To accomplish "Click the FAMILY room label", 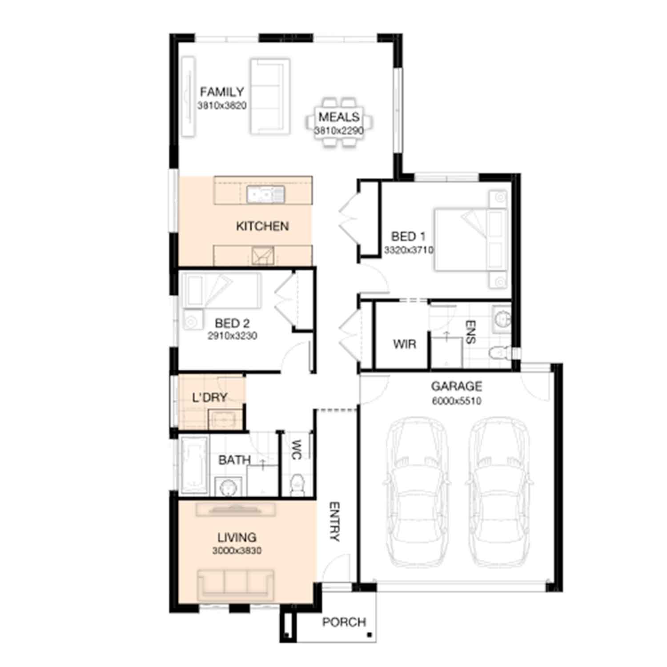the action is (222, 92).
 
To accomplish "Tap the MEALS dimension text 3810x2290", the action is (339, 131).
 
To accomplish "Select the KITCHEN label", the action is (262, 226).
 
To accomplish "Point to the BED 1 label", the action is (408, 237).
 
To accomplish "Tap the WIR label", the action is (405, 344).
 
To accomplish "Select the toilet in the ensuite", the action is (500, 353).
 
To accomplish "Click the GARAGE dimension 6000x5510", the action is (456, 401).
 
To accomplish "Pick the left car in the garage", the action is (416, 493).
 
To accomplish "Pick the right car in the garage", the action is (499, 493).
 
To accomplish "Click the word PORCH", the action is (344, 622).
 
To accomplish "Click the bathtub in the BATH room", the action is (194, 465).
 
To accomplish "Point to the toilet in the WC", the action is (296, 484).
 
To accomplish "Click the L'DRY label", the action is (210, 397).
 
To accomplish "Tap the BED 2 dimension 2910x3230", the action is (232, 336).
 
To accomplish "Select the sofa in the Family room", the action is (270, 96).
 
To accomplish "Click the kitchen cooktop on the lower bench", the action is (263, 256).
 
